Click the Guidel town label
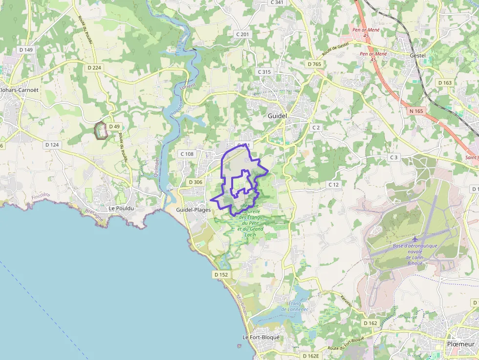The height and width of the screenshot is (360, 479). [x=277, y=116]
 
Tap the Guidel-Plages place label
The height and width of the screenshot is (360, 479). [x=194, y=210]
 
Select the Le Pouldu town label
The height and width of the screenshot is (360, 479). [x=121, y=208]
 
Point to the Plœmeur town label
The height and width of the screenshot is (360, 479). [x=460, y=344]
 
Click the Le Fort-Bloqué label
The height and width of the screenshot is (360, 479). [x=261, y=337]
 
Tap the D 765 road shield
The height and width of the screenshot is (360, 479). [x=314, y=64]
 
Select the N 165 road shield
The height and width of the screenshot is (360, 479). [x=416, y=111]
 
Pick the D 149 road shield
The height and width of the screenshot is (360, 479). [x=26, y=50]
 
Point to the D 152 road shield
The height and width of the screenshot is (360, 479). [x=221, y=275]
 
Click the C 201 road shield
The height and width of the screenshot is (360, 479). [x=242, y=34]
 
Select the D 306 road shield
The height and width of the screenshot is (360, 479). [x=196, y=182]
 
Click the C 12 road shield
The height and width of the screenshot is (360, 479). [x=334, y=185]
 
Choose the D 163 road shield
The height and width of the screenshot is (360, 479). [x=445, y=83]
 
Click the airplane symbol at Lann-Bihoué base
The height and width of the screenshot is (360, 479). [x=415, y=238]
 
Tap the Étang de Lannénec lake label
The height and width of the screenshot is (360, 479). [x=295, y=306]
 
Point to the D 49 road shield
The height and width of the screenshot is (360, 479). [x=114, y=127]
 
